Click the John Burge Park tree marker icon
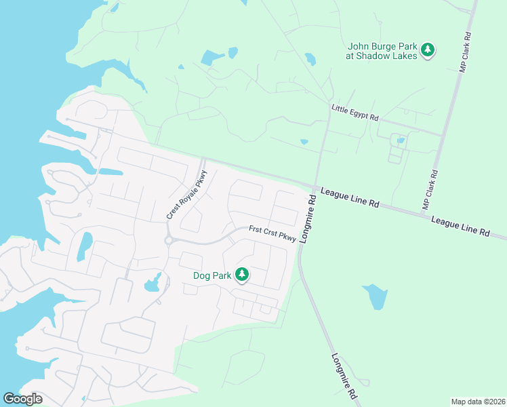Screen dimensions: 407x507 click(428, 49)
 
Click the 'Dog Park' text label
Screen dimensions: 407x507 click(212, 275)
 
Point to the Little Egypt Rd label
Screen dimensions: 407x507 click(354, 113)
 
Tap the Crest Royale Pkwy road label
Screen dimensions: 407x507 click(187, 195)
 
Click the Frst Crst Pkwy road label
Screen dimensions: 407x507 click(272, 233)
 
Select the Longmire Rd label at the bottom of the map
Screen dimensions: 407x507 click(344, 375)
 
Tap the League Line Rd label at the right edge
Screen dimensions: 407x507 click(460, 227)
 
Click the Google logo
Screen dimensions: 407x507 click(23, 398)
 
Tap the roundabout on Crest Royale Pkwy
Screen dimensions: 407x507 click(168, 240)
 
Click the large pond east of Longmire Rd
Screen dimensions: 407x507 click(375, 296)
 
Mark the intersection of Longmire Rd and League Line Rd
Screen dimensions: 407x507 click(315, 187)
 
